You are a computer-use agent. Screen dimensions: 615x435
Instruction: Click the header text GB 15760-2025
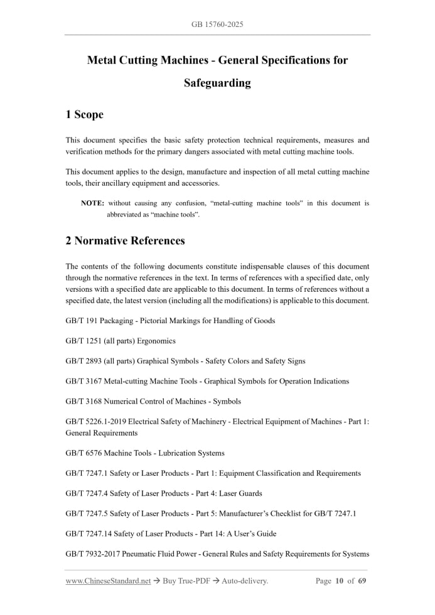tap(217, 24)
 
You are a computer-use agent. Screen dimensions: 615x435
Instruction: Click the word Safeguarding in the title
tap(217, 83)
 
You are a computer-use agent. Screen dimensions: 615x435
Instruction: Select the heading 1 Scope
tap(84, 114)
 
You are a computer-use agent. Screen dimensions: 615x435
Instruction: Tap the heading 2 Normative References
tap(125, 240)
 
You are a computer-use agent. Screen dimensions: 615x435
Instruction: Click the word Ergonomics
tap(156, 341)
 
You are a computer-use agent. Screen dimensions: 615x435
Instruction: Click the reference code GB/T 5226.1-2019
tap(95, 422)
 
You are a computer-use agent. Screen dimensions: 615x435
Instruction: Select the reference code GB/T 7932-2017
tap(95, 553)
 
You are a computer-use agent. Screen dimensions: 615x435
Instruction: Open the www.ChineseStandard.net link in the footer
tap(108, 581)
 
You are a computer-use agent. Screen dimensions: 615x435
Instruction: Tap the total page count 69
tap(362, 581)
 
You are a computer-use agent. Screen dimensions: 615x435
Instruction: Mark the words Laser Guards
tap(241, 493)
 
